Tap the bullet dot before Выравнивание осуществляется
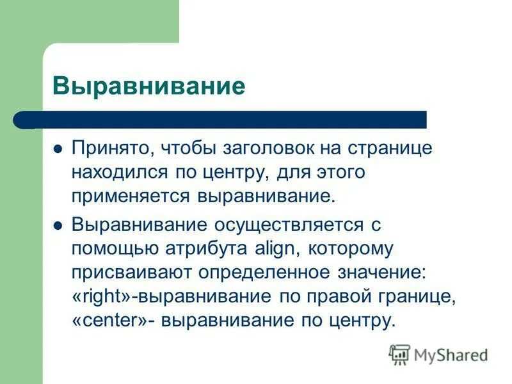click(58, 225)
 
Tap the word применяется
click(132, 196)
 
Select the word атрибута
click(198, 248)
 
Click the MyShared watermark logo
click(438, 354)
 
